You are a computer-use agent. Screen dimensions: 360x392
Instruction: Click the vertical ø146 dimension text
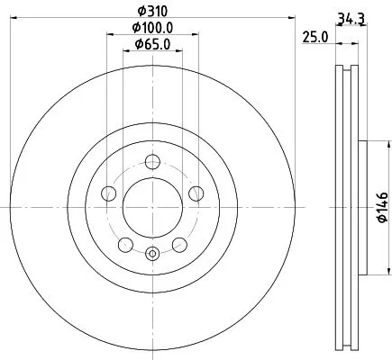coord(381,206)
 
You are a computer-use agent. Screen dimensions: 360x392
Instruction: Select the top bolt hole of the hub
coord(152,162)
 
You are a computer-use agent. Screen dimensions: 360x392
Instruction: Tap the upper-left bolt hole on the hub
coord(110,193)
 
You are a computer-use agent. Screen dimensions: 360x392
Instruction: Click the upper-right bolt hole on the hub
coord(196,193)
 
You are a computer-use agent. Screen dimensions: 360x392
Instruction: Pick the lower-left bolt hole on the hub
coord(126,243)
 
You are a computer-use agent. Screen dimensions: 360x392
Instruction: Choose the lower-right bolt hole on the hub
coord(179,243)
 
